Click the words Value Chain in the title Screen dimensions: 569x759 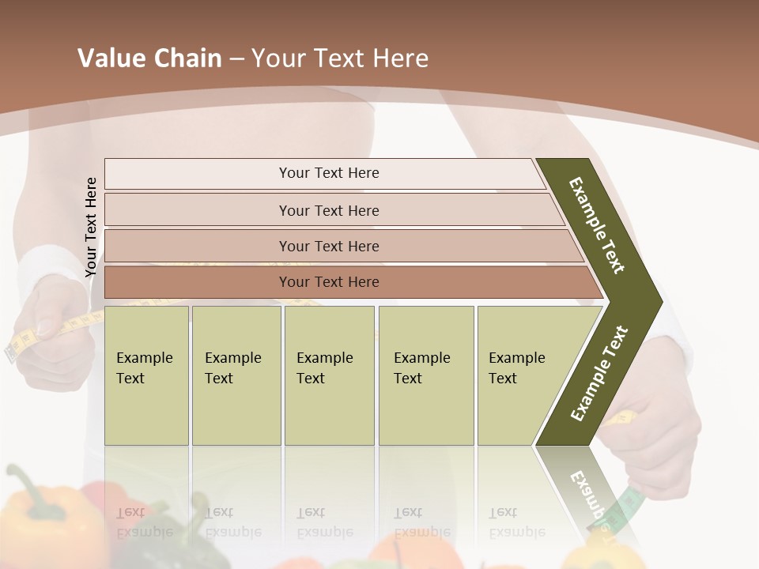pyautogui.click(x=149, y=58)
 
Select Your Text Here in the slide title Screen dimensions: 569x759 pyautogui.click(x=340, y=58)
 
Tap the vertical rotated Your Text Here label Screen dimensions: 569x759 pyautogui.click(x=91, y=227)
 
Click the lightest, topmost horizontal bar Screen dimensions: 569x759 pyautogui.click(x=328, y=173)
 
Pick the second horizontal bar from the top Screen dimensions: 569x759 pyautogui.click(x=328, y=210)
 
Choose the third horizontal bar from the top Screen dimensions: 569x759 pyautogui.click(x=328, y=246)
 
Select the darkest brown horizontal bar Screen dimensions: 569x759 pyautogui.click(x=328, y=282)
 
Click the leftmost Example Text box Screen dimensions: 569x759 pyautogui.click(x=146, y=375)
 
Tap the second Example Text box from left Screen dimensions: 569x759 pyautogui.click(x=236, y=375)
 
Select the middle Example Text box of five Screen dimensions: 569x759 pyautogui.click(x=329, y=375)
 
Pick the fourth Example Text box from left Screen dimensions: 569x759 pyautogui.click(x=426, y=375)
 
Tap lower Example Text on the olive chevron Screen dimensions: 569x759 pyautogui.click(x=599, y=374)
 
